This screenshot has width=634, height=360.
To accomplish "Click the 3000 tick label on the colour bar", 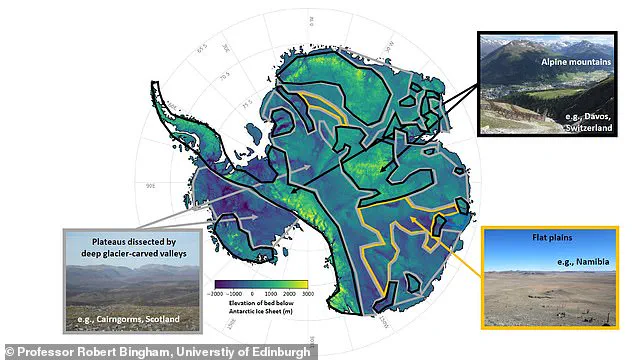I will [x=308, y=295].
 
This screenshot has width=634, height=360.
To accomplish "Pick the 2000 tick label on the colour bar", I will [x=290, y=295].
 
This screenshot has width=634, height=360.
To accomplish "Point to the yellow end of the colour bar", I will [x=304, y=285].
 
